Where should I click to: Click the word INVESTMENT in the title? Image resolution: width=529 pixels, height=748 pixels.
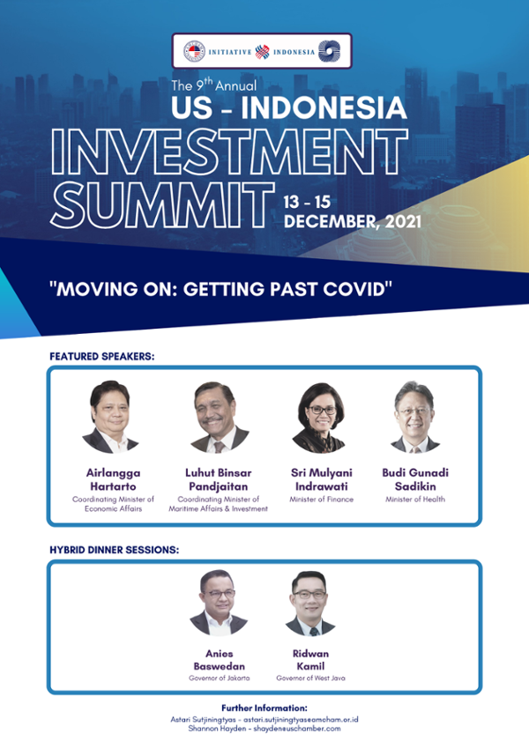coord(229,152)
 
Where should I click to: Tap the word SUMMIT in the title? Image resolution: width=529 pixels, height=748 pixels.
coord(162,205)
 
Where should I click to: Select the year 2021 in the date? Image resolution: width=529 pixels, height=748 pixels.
coord(403,221)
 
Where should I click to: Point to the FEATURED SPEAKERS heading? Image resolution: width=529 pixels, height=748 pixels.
coord(102,356)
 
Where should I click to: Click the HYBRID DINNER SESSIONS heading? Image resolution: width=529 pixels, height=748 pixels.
coord(114,550)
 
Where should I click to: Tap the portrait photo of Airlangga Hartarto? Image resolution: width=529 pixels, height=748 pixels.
coord(110,417)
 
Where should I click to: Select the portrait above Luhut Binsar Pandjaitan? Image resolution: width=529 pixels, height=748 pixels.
coord(220,417)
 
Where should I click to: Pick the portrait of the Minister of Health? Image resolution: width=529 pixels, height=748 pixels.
coord(415,417)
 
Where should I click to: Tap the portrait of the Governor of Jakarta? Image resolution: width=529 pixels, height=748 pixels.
coord(219,602)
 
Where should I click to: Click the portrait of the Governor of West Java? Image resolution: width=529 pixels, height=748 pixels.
coord(310,603)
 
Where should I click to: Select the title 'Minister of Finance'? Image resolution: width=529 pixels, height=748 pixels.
coord(321,499)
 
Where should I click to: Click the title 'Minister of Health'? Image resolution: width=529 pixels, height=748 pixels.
coord(415,499)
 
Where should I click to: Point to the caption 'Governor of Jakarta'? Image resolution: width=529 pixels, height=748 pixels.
coord(220,678)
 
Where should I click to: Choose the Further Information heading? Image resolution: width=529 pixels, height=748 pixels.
coord(264,708)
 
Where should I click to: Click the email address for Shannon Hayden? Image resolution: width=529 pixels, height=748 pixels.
coord(297,729)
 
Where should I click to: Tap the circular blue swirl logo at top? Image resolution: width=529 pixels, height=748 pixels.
coord(330,51)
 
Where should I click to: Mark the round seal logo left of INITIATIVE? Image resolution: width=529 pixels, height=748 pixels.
coord(194,51)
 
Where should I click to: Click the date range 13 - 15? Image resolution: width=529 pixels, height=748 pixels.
coord(307,203)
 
